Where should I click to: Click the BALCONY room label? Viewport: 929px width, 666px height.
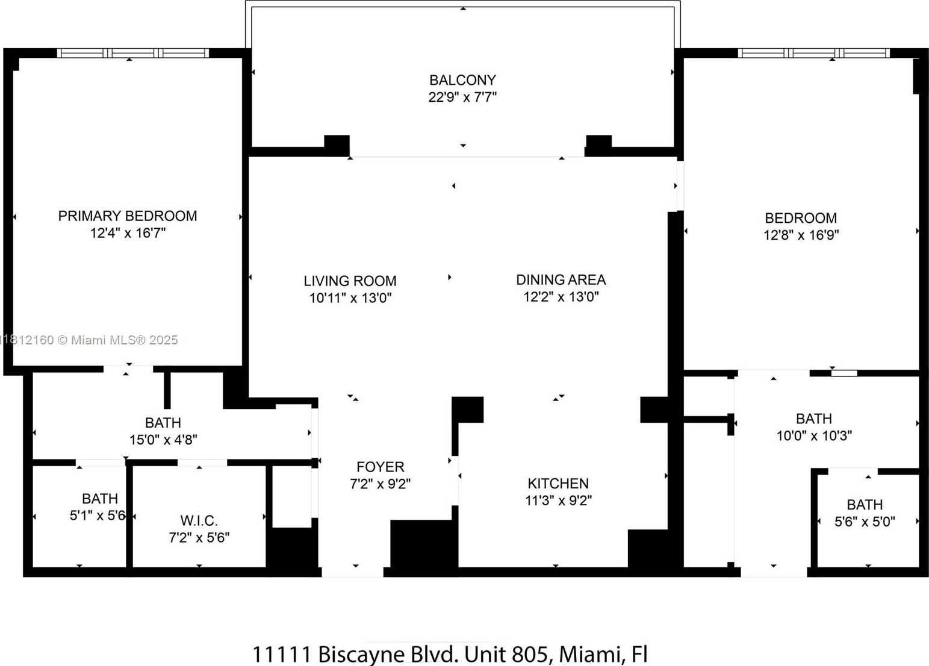(x=462, y=79)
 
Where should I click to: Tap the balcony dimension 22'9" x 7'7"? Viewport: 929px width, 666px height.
(x=462, y=97)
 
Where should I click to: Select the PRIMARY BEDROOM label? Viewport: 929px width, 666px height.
(x=127, y=216)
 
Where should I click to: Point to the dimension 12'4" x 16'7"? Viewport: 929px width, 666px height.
(x=128, y=233)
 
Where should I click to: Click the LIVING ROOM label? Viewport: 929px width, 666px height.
(x=350, y=281)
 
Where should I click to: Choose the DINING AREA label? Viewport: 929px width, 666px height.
(x=561, y=280)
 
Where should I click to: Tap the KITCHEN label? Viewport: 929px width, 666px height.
(x=558, y=484)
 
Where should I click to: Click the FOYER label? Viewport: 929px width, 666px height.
(x=381, y=467)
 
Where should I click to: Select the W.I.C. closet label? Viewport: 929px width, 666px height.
(x=199, y=520)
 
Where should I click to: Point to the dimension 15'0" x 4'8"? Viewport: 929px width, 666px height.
(x=163, y=440)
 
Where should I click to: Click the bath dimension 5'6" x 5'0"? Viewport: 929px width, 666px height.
(x=865, y=521)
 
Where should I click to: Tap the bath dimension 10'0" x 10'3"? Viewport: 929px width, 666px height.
(x=814, y=436)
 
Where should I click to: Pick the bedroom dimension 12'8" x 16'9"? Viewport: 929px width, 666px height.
(x=801, y=235)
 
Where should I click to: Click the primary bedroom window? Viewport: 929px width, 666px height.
(x=132, y=53)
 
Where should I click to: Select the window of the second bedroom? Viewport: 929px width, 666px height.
(x=814, y=53)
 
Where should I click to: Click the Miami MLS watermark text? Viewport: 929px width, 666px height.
(x=89, y=340)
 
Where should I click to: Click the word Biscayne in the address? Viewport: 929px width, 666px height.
(x=361, y=655)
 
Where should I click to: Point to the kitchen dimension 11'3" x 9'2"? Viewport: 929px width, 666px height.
(x=558, y=500)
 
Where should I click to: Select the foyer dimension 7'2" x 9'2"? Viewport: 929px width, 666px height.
(x=380, y=484)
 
